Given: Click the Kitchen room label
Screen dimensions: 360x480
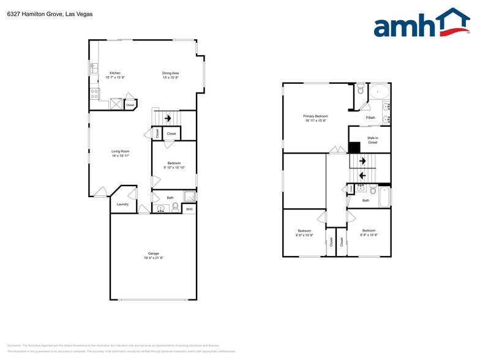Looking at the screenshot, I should point(114,73).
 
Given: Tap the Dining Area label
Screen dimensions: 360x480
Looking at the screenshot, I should point(171,73).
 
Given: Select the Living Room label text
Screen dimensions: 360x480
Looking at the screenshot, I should point(120,151).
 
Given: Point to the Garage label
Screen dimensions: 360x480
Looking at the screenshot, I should point(153,253).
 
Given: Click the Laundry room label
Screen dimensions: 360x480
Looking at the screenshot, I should point(122,204).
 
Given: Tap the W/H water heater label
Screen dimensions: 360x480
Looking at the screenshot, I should point(189,210).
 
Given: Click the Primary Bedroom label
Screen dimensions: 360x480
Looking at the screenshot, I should point(316,116).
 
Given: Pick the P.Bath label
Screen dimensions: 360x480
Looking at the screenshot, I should point(370,118).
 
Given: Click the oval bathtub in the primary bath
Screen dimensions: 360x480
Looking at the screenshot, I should point(380,92).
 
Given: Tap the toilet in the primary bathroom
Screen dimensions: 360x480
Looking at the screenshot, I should point(361,91).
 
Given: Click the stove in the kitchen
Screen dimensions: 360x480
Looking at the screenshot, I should point(95,94).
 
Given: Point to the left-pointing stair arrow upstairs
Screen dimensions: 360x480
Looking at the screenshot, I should point(362,176).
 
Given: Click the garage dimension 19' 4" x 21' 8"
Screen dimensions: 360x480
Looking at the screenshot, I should point(153,258).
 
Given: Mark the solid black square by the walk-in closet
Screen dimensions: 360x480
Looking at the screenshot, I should point(354,148).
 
